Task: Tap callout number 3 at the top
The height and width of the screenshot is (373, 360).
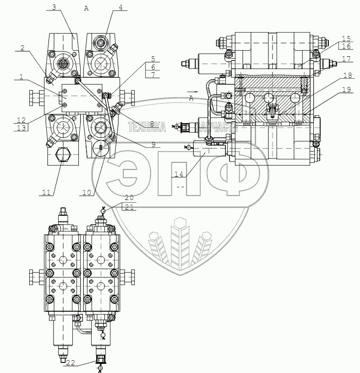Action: [x=54, y=7]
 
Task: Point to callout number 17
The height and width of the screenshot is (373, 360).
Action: [x=345, y=59]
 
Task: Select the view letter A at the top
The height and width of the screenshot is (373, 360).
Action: [x=87, y=8]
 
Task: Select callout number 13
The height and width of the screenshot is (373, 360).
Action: [x=22, y=128]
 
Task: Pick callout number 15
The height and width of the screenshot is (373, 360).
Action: [x=345, y=38]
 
